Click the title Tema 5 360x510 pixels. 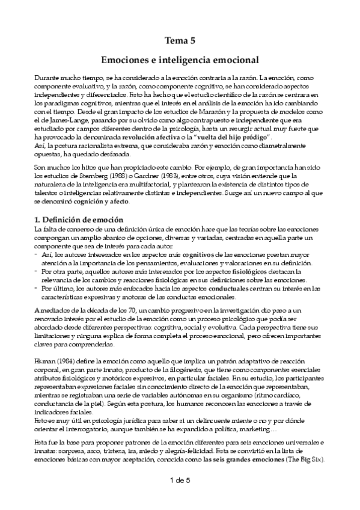pyautogui.click(x=180, y=41)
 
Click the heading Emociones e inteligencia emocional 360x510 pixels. pyautogui.click(x=180, y=61)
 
